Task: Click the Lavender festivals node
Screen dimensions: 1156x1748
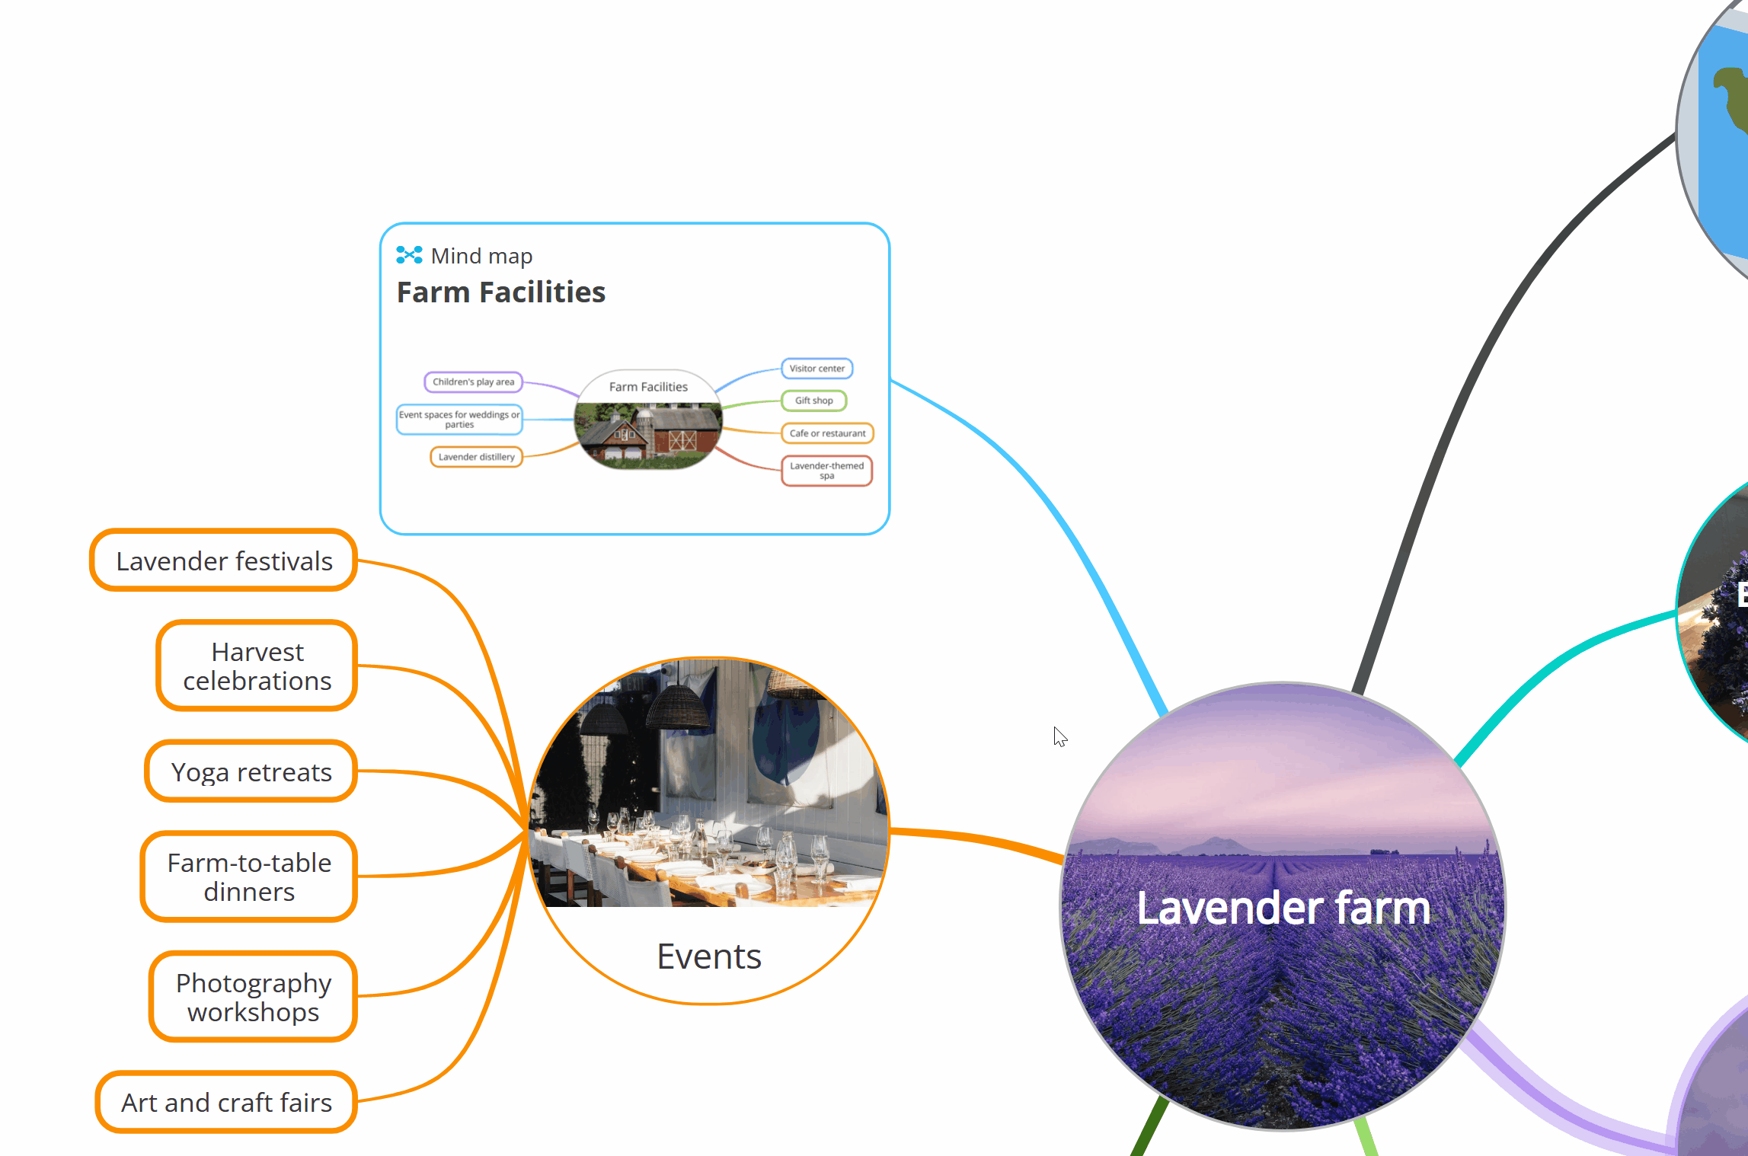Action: coord(223,561)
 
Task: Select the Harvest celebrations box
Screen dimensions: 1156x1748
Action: coord(257,666)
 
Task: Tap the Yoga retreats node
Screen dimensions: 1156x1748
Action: coord(251,772)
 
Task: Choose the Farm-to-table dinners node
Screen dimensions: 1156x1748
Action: coord(249,877)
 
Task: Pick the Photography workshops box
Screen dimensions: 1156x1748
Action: coord(253,997)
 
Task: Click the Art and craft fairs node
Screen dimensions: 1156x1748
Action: coord(226,1103)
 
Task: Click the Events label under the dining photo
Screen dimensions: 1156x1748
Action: coord(709,956)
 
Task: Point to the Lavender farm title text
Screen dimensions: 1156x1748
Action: coord(1283,908)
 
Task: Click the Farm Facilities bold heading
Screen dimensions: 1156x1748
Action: coord(501,292)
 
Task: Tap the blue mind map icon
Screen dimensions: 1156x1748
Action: coord(409,256)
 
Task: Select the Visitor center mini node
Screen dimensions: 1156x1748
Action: coord(816,369)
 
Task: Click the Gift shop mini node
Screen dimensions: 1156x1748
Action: coord(813,401)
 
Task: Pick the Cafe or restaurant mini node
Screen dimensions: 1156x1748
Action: coord(827,433)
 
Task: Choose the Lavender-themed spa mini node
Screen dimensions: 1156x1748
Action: coord(826,471)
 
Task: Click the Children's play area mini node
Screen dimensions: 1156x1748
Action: coord(473,382)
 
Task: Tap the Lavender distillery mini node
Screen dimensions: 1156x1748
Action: coord(476,457)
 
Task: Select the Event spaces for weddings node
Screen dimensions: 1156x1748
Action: coord(459,420)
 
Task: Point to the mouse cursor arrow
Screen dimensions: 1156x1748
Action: coord(1059,735)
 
